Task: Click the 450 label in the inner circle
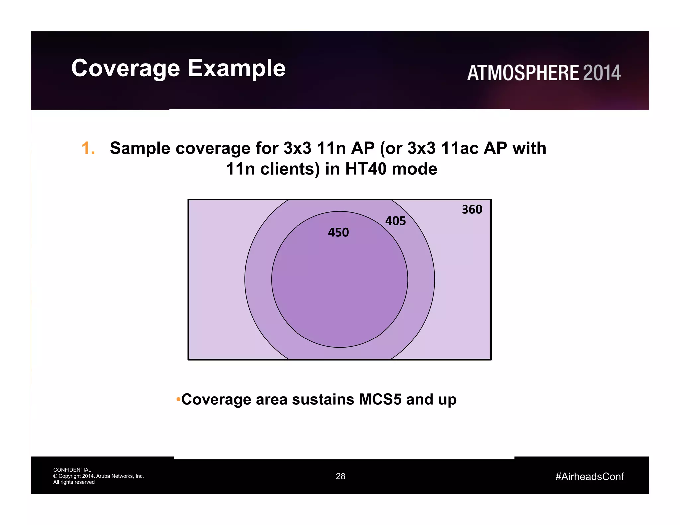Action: click(x=338, y=232)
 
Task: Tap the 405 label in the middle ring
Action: click(x=395, y=221)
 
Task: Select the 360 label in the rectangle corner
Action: click(x=472, y=209)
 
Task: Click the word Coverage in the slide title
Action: click(x=126, y=68)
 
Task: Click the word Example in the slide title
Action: click(x=236, y=68)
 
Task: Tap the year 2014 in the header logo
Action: click(x=602, y=73)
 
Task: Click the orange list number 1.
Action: click(x=88, y=148)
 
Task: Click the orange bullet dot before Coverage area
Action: click(x=178, y=399)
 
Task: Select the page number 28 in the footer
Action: click(x=340, y=476)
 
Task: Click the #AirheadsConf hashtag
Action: click(x=589, y=477)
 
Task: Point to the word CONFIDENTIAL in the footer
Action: click(x=72, y=470)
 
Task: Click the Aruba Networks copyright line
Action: click(x=99, y=476)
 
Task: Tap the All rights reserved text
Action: click(x=74, y=482)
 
